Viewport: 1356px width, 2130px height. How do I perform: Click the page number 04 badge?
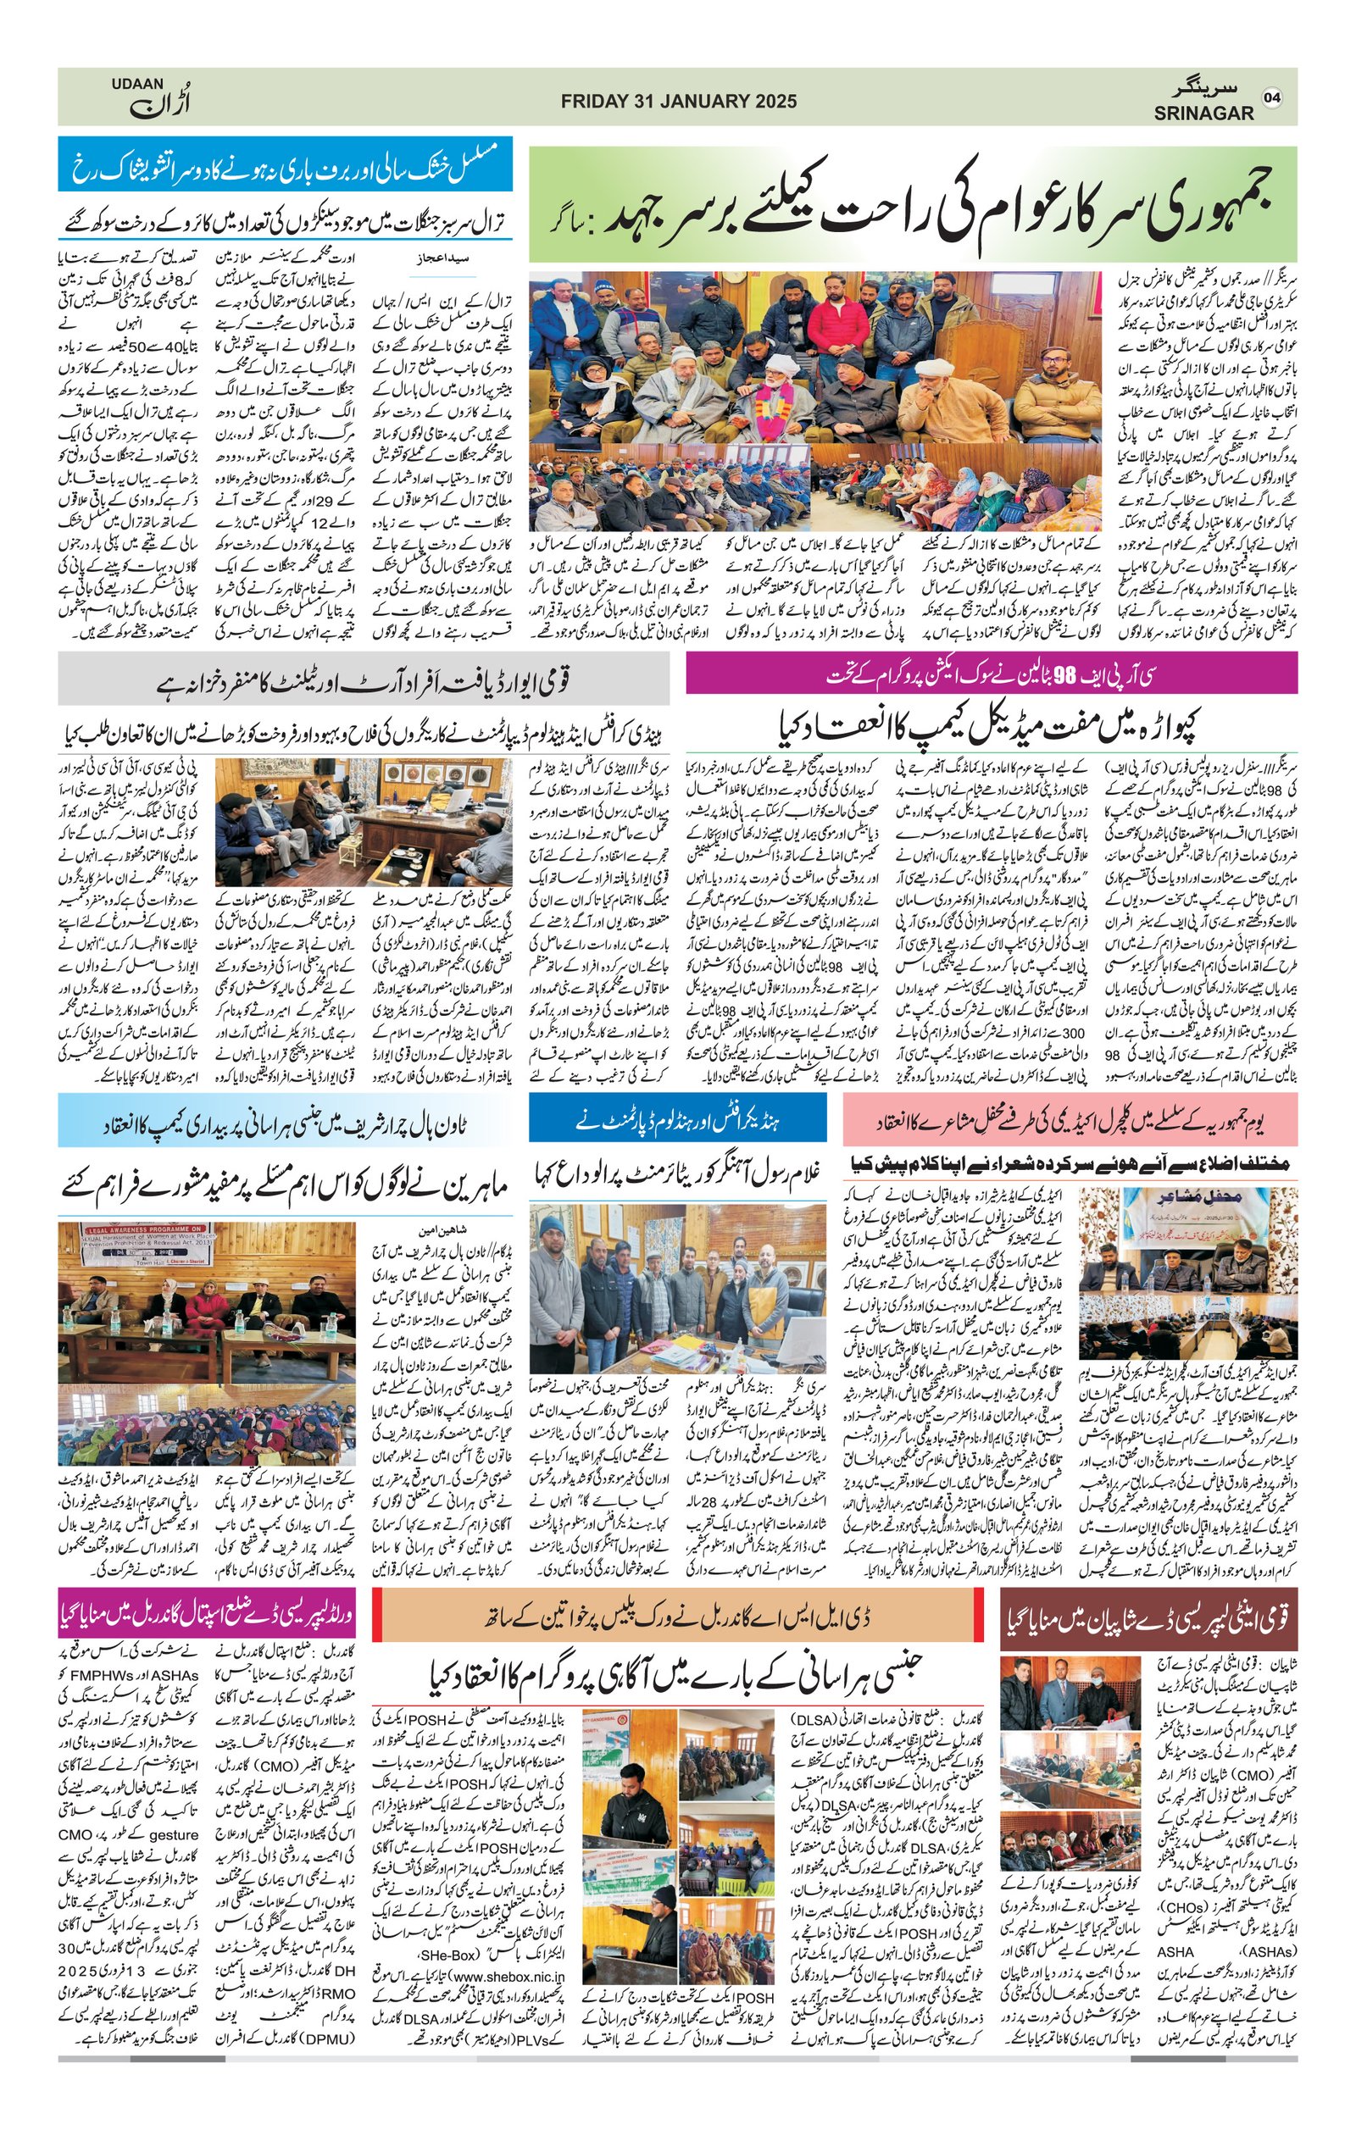click(1272, 97)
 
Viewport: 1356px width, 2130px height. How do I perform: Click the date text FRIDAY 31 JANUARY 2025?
click(679, 102)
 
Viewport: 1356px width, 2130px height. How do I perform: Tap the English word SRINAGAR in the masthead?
click(1203, 114)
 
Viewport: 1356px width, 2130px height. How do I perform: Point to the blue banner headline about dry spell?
click(285, 164)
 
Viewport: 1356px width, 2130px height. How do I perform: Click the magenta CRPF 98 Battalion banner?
click(991, 675)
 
